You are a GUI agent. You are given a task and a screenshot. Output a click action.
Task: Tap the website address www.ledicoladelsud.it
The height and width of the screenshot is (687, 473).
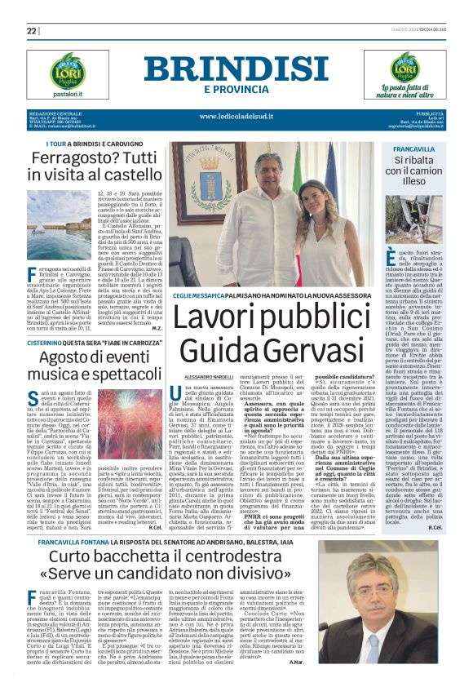tap(237, 116)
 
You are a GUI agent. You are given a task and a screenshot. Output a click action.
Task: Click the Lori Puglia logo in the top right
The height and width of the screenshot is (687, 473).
tap(385, 68)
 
